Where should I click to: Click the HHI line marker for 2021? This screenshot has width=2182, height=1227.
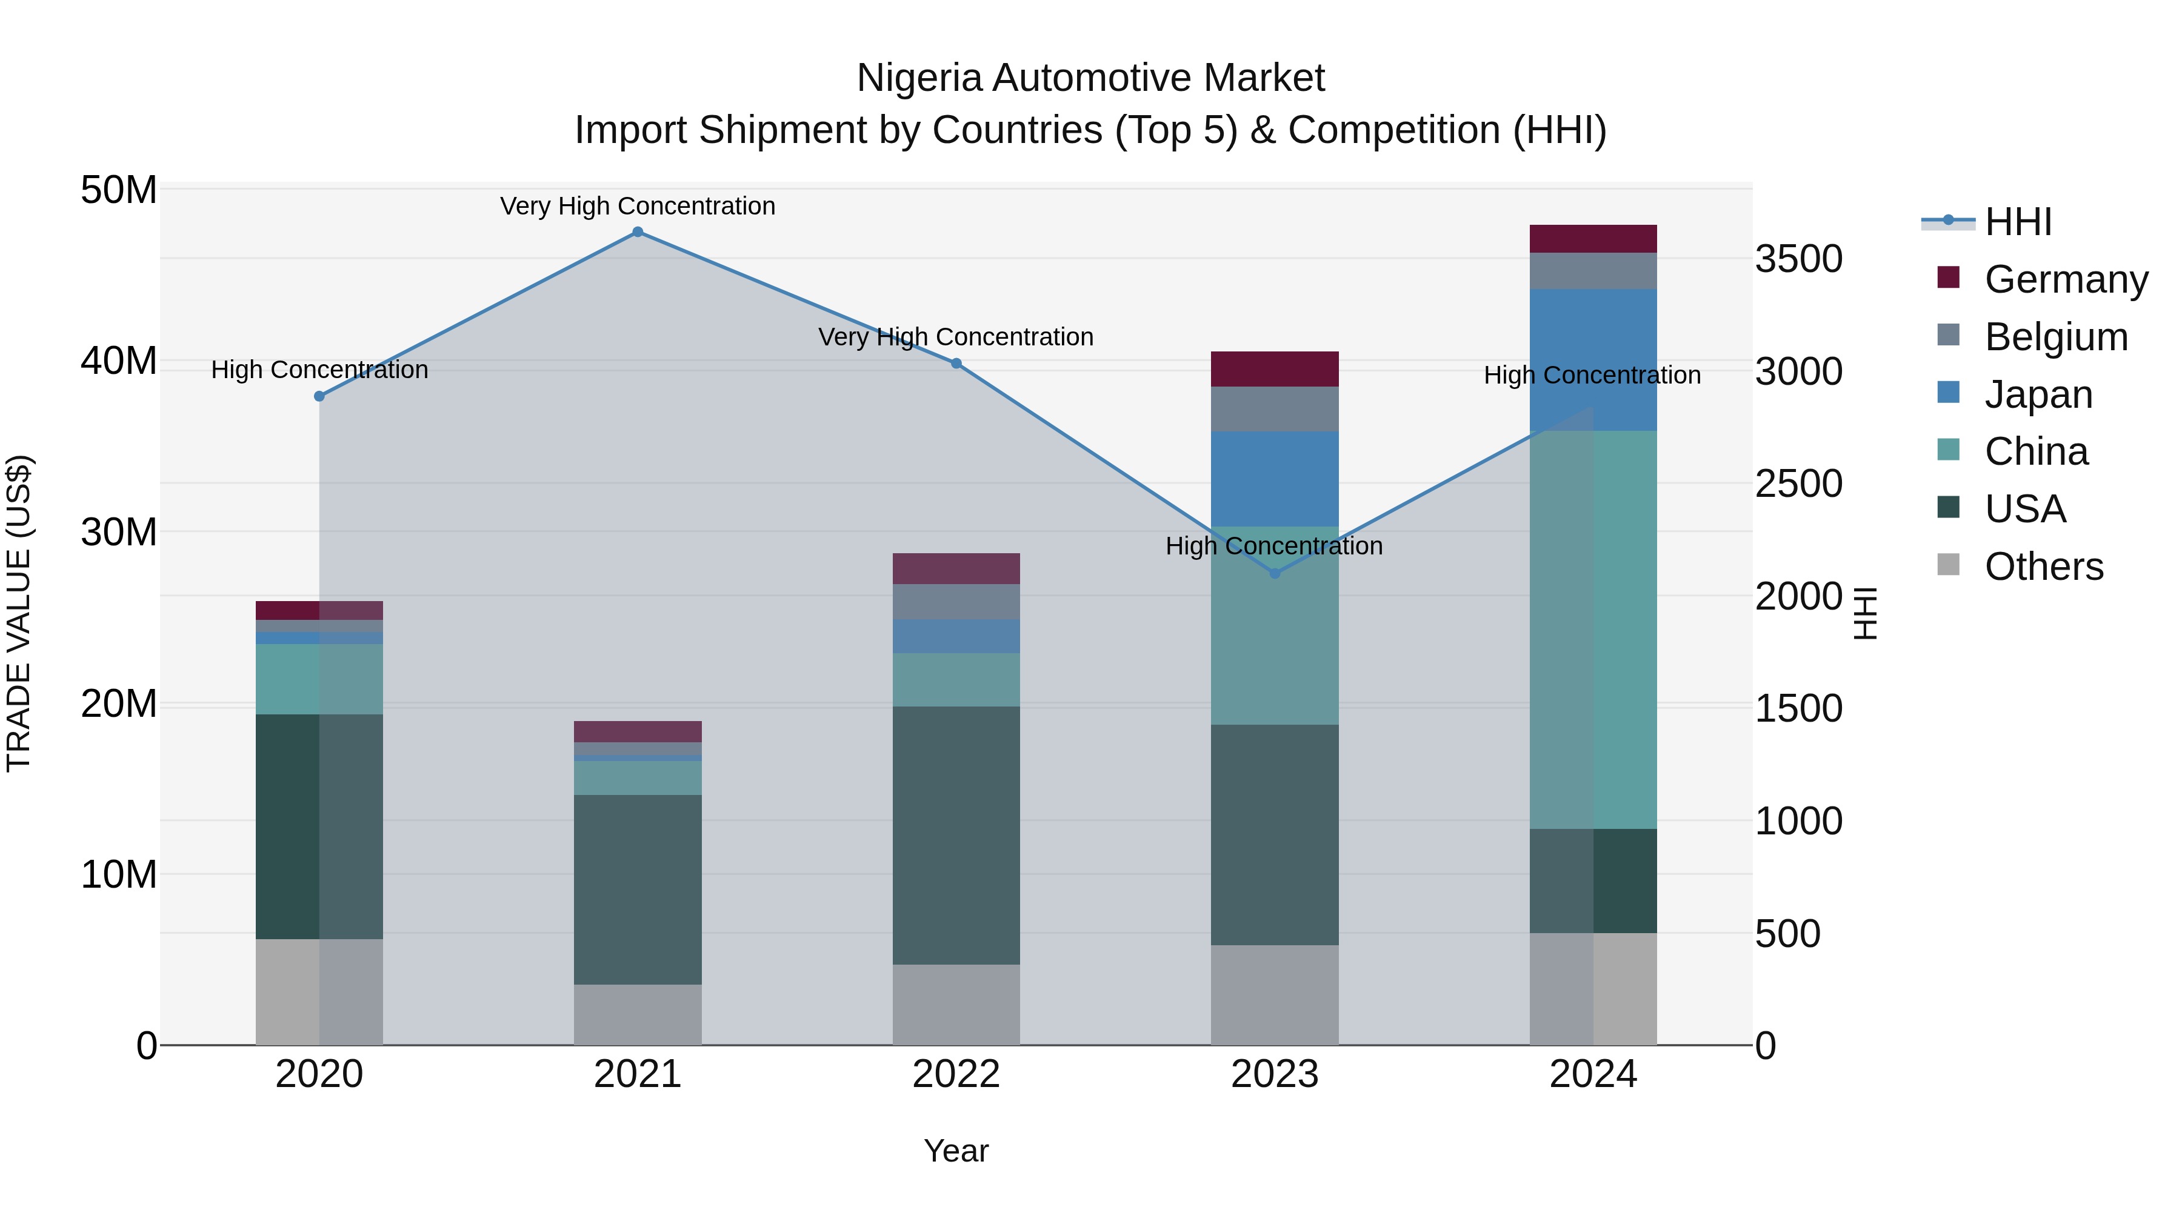click(x=638, y=232)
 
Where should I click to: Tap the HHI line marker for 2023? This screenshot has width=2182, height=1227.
click(x=1275, y=573)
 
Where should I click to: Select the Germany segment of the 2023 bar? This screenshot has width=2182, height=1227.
click(x=1275, y=369)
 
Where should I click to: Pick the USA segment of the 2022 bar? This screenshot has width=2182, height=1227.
click(x=956, y=835)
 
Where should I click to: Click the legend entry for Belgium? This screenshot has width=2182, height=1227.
click(x=2056, y=337)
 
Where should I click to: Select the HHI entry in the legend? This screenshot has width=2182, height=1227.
click(x=2018, y=222)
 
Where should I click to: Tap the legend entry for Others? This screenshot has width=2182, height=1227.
click(x=2043, y=567)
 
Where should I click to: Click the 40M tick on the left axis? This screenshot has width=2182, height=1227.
click(x=119, y=362)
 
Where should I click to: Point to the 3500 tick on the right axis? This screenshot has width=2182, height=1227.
click(x=1798, y=259)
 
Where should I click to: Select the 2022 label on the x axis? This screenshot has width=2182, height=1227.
click(x=956, y=1074)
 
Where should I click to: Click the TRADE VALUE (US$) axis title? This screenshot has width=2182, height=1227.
click(x=19, y=613)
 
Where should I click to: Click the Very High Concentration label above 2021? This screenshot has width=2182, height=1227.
click(x=638, y=207)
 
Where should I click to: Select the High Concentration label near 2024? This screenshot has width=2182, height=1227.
click(x=1592, y=375)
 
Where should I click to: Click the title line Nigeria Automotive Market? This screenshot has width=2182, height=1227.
click(x=1090, y=78)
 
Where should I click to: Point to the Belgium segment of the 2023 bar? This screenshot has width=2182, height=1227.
click(x=1275, y=409)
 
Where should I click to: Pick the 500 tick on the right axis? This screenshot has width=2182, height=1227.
click(x=1787, y=934)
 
